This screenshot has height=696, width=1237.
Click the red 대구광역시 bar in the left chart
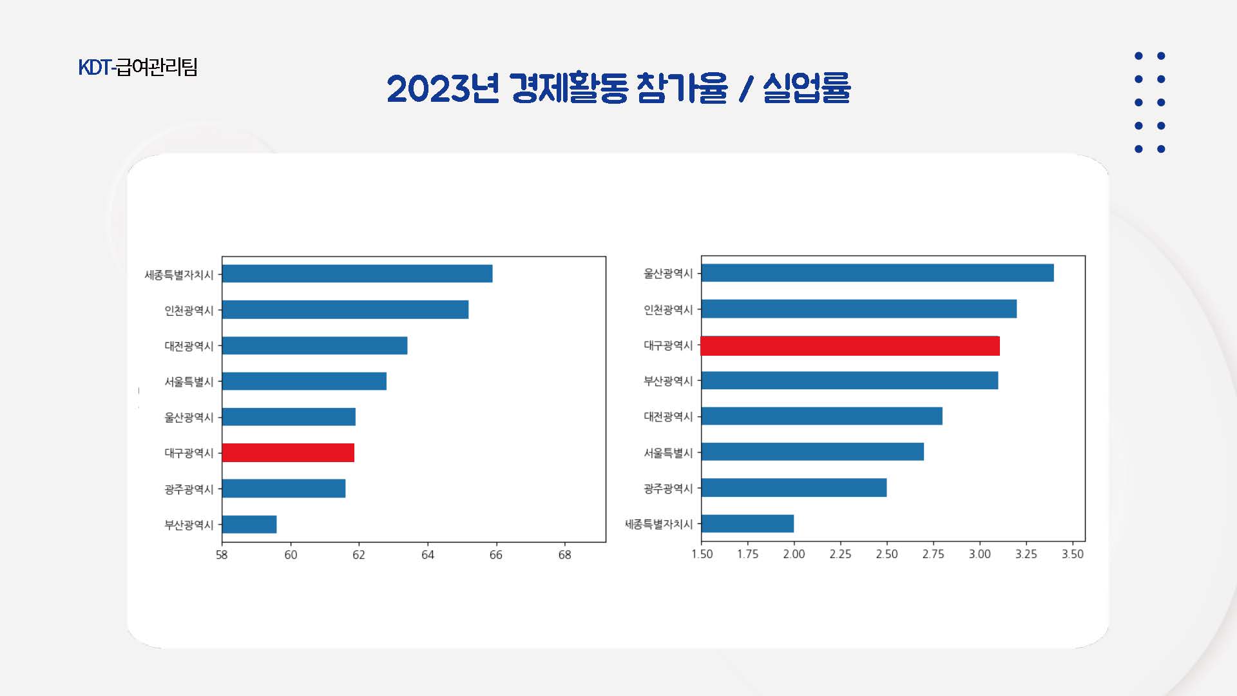(x=288, y=453)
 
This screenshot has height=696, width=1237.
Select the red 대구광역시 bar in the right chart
(x=850, y=346)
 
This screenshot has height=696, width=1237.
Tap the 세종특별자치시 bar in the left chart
(x=357, y=274)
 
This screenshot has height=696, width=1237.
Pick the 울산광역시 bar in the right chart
(x=877, y=273)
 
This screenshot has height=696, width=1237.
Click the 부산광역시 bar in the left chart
(x=249, y=525)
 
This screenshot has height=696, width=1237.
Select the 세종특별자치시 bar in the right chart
(x=747, y=524)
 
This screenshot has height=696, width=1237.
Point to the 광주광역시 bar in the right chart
(x=794, y=488)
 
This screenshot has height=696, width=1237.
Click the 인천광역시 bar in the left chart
(x=345, y=310)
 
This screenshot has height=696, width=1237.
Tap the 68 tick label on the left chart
(x=564, y=555)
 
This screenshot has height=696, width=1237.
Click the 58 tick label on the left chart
(x=222, y=555)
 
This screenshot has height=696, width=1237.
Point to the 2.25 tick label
(x=840, y=554)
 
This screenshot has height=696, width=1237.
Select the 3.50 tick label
(x=1073, y=554)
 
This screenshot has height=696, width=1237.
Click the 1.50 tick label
(x=702, y=554)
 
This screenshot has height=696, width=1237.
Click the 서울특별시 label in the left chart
(x=189, y=382)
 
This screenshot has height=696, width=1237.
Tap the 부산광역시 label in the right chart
(x=668, y=381)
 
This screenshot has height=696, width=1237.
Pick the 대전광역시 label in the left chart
(x=189, y=346)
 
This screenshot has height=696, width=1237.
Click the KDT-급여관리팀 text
(x=138, y=67)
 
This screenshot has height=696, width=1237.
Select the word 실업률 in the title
(x=807, y=88)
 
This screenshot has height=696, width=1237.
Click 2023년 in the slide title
(x=443, y=88)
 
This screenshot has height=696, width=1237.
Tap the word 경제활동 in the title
(x=568, y=88)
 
